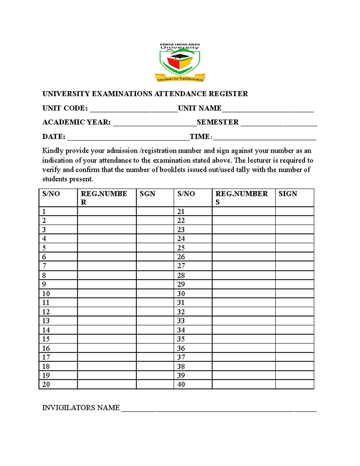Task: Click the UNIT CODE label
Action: [x=65, y=108]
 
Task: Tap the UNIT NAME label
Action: [x=199, y=108]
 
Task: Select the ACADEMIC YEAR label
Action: [x=76, y=122]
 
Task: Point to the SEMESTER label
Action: [x=218, y=122]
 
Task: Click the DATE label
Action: [x=54, y=137]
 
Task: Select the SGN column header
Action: [x=147, y=194]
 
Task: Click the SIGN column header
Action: [x=288, y=194]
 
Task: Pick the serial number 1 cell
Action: [x=44, y=212]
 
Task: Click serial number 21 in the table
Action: [x=181, y=212]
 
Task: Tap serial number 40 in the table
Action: [x=181, y=384]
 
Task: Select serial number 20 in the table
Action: [x=46, y=384]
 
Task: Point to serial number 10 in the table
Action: [x=46, y=293]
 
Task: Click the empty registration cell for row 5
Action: [x=107, y=248]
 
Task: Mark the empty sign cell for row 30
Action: [x=295, y=293]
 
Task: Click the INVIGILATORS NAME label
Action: [x=81, y=408]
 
